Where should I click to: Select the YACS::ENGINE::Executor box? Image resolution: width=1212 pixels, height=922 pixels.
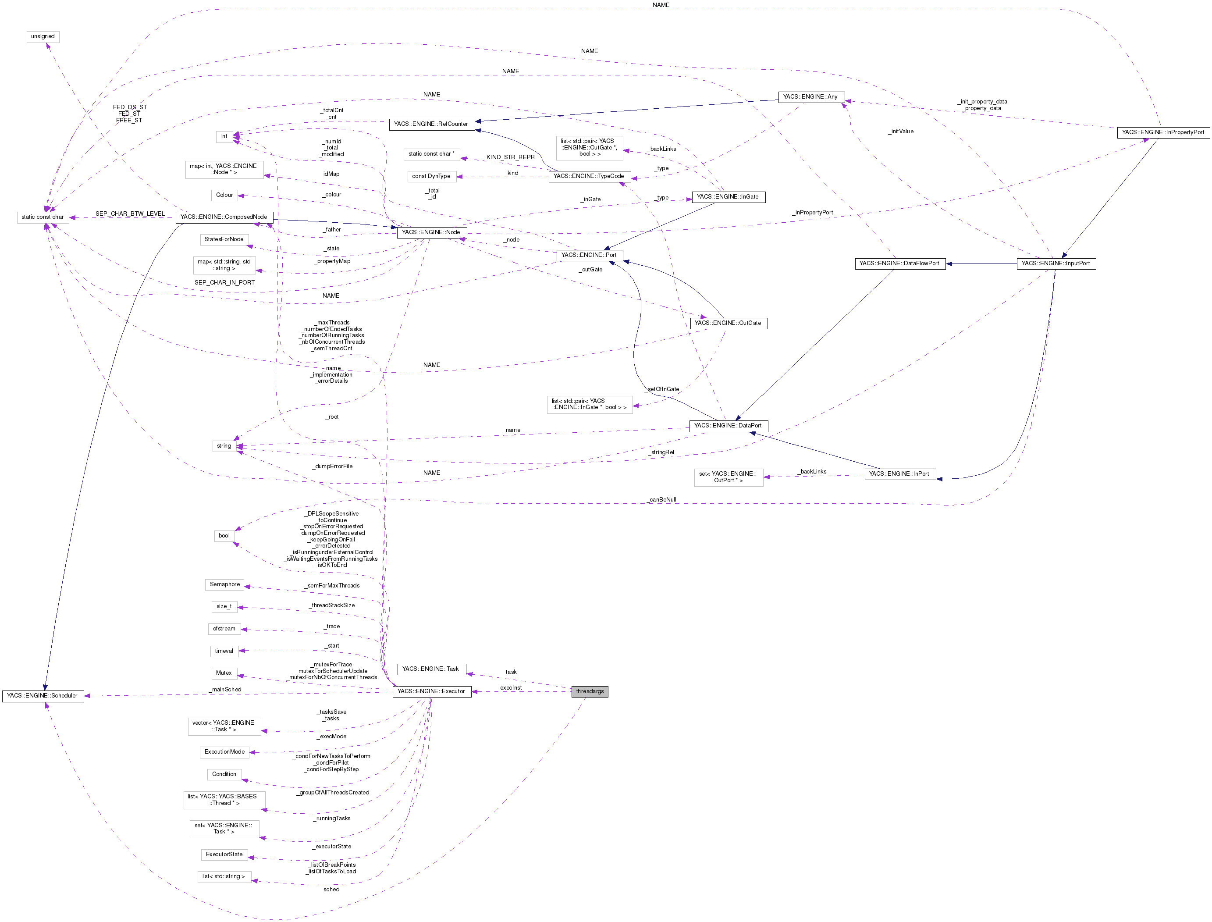click(431, 691)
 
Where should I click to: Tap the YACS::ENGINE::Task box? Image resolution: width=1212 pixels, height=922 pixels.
click(431, 669)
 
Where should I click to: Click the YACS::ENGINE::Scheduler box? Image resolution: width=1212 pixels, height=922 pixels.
click(43, 696)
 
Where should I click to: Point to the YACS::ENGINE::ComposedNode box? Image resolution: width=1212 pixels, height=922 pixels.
click(224, 217)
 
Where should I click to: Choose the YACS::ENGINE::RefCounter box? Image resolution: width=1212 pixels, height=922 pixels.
click(431, 125)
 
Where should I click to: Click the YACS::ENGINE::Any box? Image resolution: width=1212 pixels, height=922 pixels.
click(810, 97)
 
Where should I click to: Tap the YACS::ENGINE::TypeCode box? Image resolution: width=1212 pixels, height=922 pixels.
click(589, 177)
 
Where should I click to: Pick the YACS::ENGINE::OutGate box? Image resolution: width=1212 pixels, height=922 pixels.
click(728, 323)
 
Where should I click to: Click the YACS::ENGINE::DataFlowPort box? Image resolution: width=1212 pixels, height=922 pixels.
click(899, 264)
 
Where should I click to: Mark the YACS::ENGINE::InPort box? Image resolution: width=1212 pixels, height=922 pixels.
click(899, 474)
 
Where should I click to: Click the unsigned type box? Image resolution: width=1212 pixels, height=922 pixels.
click(43, 37)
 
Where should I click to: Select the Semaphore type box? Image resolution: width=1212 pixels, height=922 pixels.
click(224, 584)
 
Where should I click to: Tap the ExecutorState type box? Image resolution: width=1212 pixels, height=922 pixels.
click(224, 854)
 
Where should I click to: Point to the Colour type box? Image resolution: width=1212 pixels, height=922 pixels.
click(224, 196)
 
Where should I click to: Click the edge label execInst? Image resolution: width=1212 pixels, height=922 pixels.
click(511, 687)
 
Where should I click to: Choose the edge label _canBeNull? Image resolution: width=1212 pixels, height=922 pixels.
click(662, 500)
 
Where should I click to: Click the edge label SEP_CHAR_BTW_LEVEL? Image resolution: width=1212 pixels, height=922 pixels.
click(130, 214)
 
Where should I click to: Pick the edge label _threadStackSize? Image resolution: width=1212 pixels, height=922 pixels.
click(333, 605)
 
